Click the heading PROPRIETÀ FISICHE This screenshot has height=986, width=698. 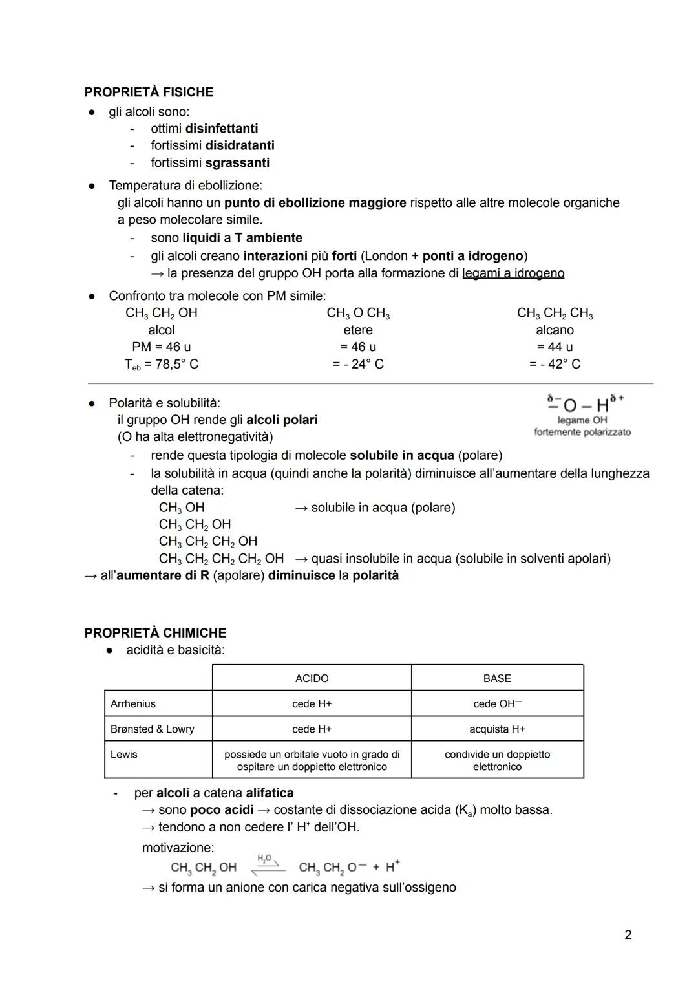149,92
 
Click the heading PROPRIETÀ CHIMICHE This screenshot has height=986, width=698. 155,632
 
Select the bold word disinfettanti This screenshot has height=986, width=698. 222,128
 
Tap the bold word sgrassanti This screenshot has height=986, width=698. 237,162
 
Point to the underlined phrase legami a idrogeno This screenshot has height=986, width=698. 513,273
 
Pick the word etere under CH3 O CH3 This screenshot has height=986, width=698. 358,330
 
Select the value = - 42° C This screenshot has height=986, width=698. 555,364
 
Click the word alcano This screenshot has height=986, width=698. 555,330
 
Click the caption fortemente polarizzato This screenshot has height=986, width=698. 582,432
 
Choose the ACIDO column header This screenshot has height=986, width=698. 312,678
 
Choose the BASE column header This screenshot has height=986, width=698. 497,678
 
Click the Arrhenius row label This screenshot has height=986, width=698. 133,703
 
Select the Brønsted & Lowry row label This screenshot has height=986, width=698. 153,729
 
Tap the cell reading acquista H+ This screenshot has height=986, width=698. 497,729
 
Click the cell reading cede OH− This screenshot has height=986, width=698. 497,703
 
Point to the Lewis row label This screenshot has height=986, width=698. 124,754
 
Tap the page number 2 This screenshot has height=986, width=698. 628,934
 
